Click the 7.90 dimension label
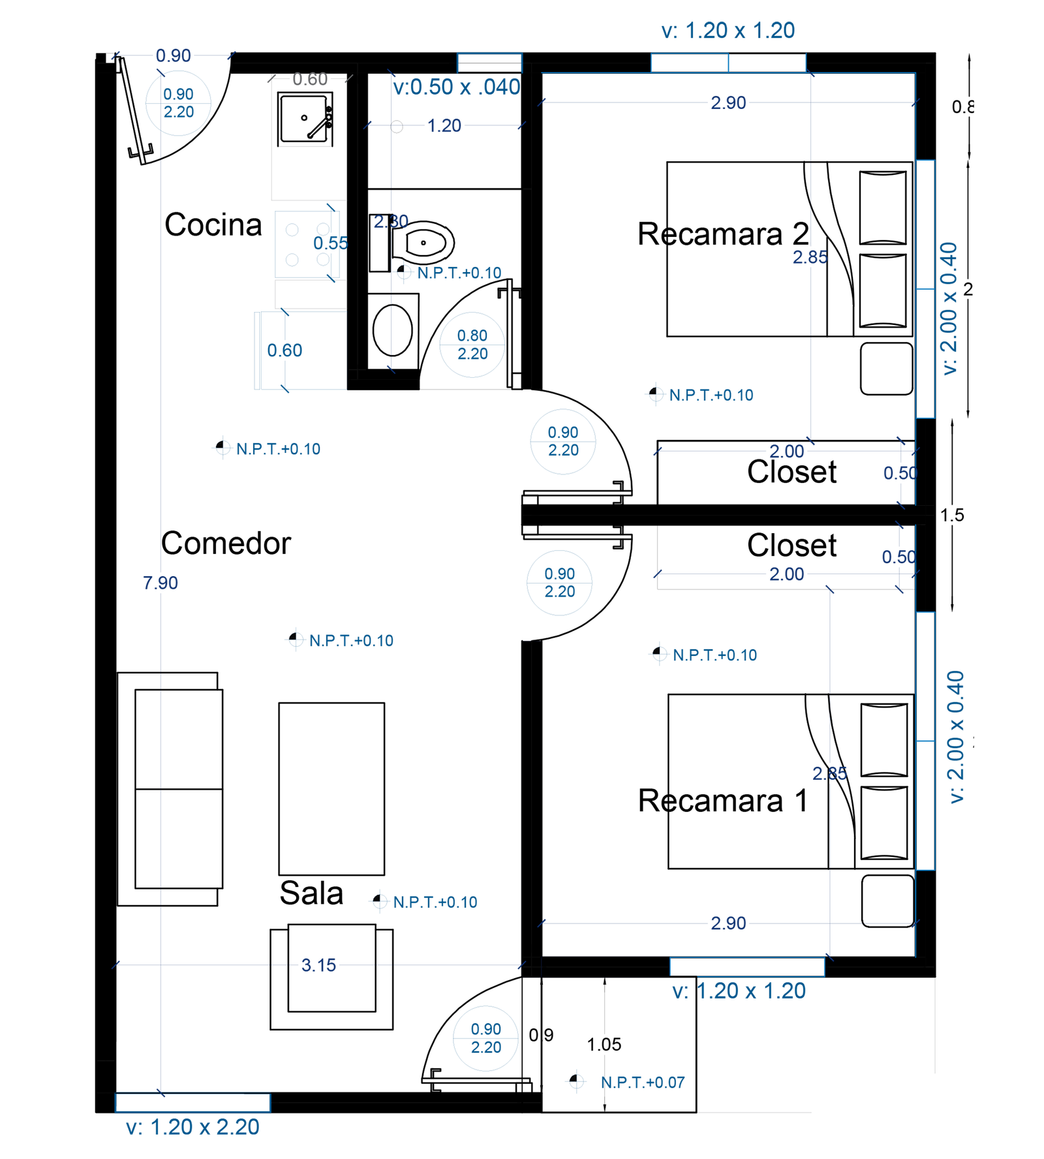(x=161, y=582)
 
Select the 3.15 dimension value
(x=318, y=965)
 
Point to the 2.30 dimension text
(x=391, y=222)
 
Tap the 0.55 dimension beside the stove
(x=330, y=243)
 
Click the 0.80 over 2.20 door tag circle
(x=472, y=345)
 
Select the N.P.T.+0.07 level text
(x=642, y=1082)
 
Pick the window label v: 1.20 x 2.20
(x=192, y=1127)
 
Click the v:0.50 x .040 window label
(x=456, y=86)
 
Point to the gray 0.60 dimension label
(x=310, y=80)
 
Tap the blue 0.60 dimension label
(x=284, y=350)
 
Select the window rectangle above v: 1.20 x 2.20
(x=192, y=1103)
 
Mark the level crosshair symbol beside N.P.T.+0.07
(x=576, y=1081)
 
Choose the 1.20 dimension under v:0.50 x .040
(x=444, y=125)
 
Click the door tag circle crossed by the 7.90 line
(x=178, y=103)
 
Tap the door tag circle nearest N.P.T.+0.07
(x=485, y=1038)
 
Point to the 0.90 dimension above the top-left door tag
(x=173, y=55)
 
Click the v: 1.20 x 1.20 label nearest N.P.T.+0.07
(x=739, y=991)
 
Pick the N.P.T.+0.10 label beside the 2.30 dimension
(x=459, y=273)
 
